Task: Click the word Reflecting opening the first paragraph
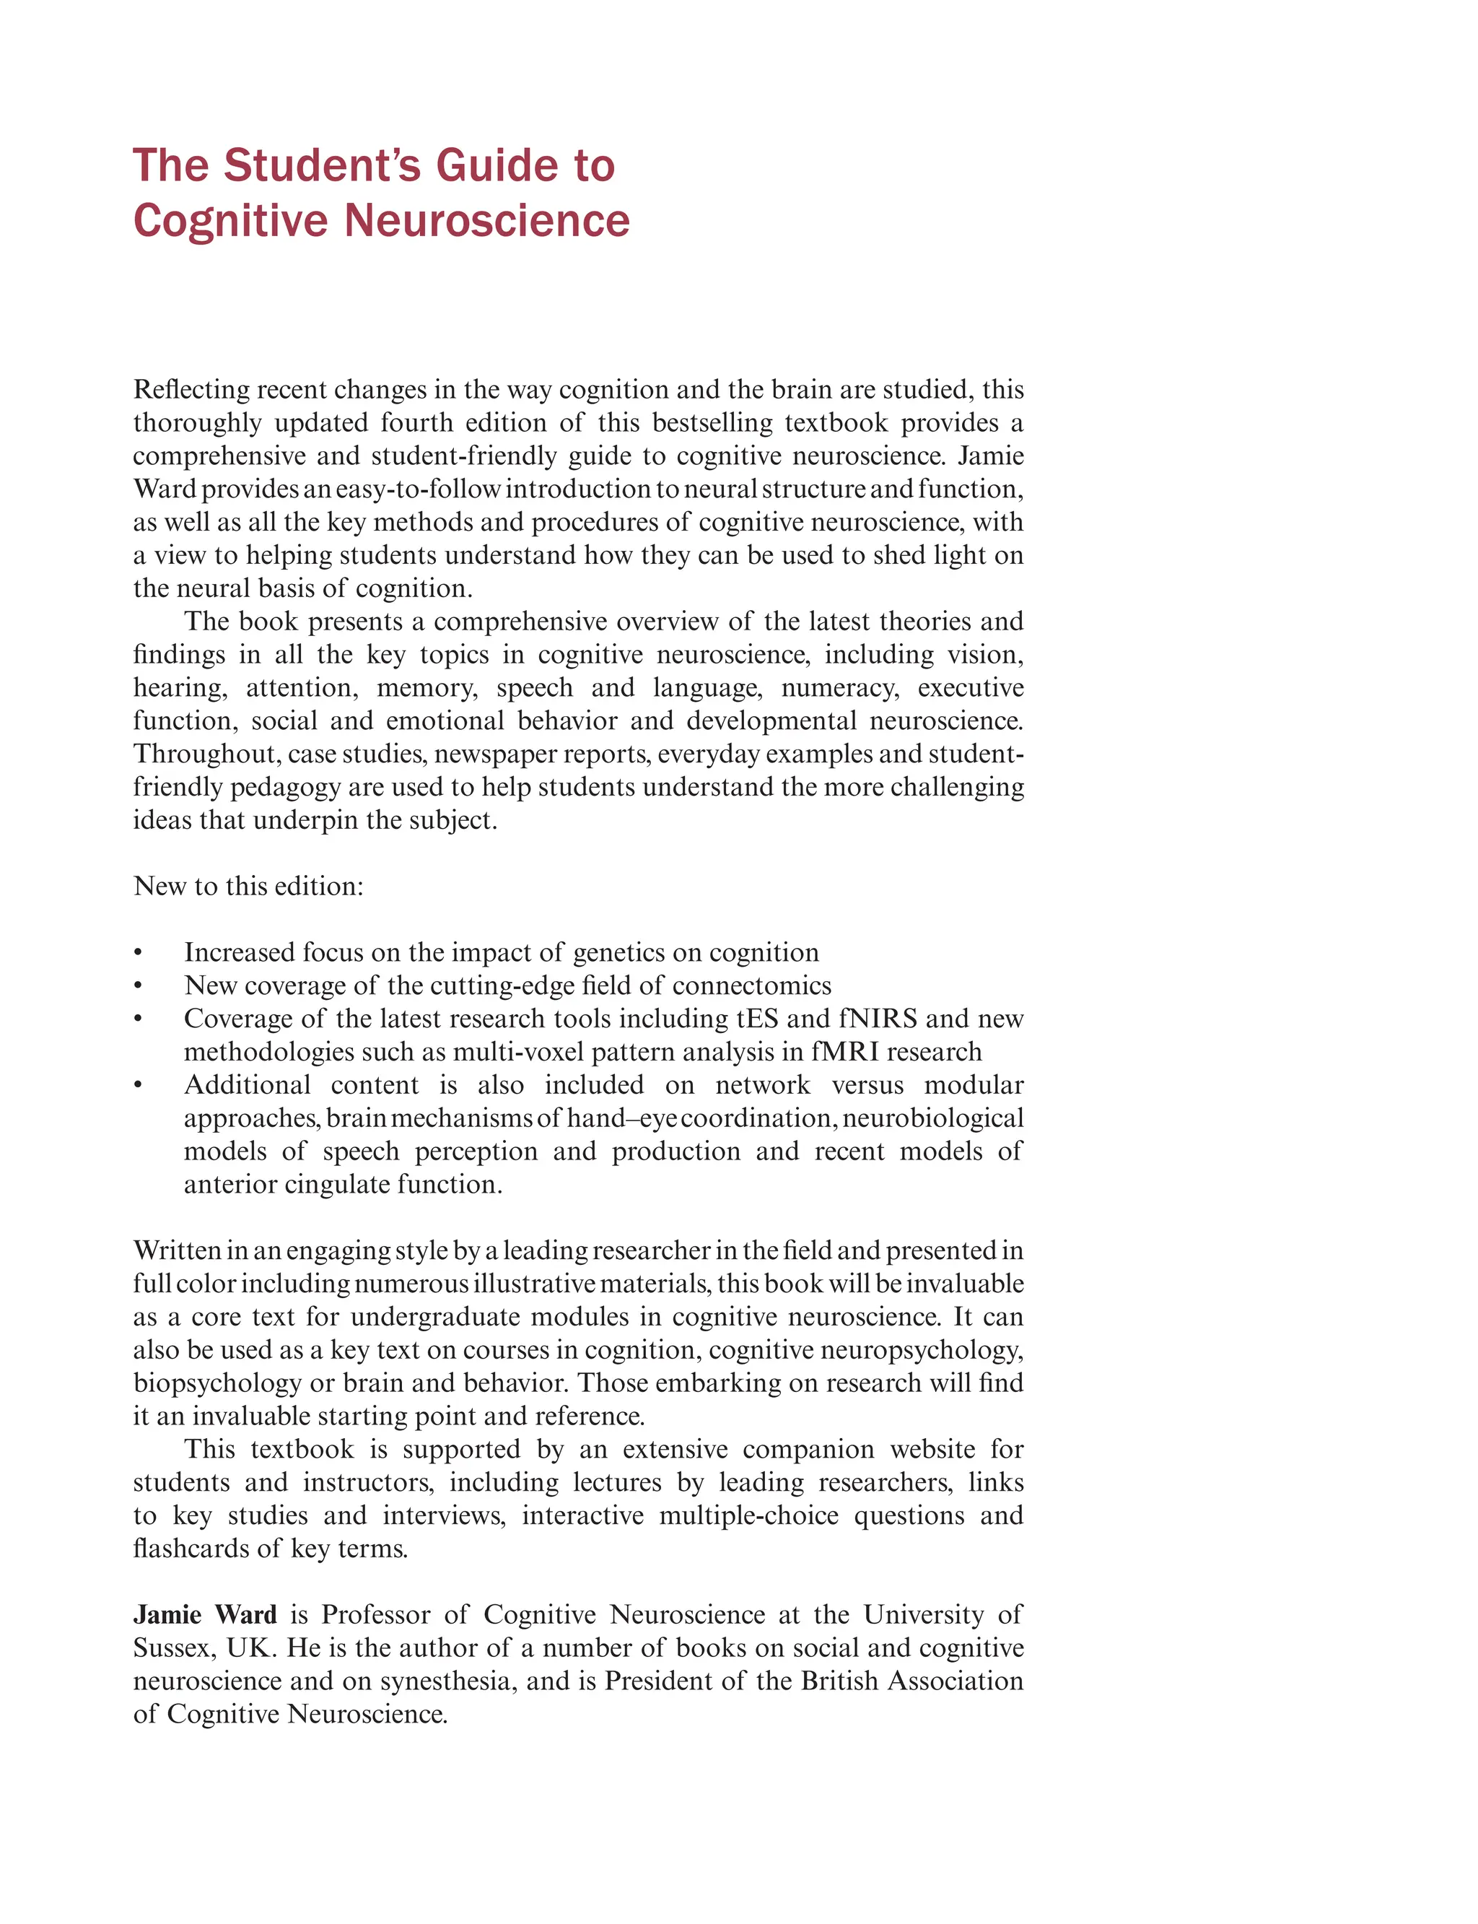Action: (186, 389)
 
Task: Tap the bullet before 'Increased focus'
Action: (138, 953)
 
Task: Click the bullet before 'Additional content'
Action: (138, 1085)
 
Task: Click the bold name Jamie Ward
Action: (205, 1614)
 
